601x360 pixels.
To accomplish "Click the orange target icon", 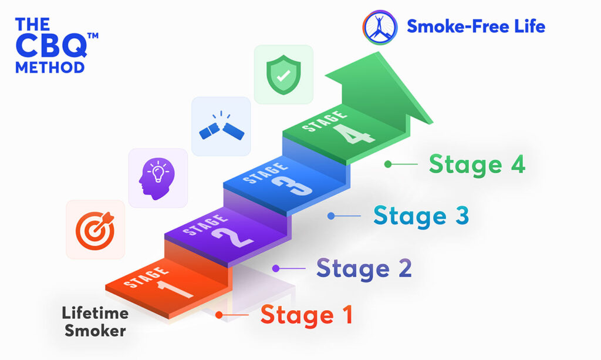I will [95, 230].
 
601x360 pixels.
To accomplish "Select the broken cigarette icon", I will [221, 127].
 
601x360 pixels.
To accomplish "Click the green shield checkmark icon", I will [283, 75].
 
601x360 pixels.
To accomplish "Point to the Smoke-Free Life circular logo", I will [380, 27].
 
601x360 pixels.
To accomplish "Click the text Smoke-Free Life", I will [476, 26].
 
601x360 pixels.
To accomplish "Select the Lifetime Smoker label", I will [95, 322].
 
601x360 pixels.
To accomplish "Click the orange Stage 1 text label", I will [306, 315].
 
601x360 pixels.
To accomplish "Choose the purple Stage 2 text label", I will [364, 268].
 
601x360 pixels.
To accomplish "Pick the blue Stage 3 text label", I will [421, 216].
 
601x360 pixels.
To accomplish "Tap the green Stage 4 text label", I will [477, 164].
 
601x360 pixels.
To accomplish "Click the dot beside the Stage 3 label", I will [331, 216].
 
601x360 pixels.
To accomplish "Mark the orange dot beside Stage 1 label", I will [219, 315].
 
